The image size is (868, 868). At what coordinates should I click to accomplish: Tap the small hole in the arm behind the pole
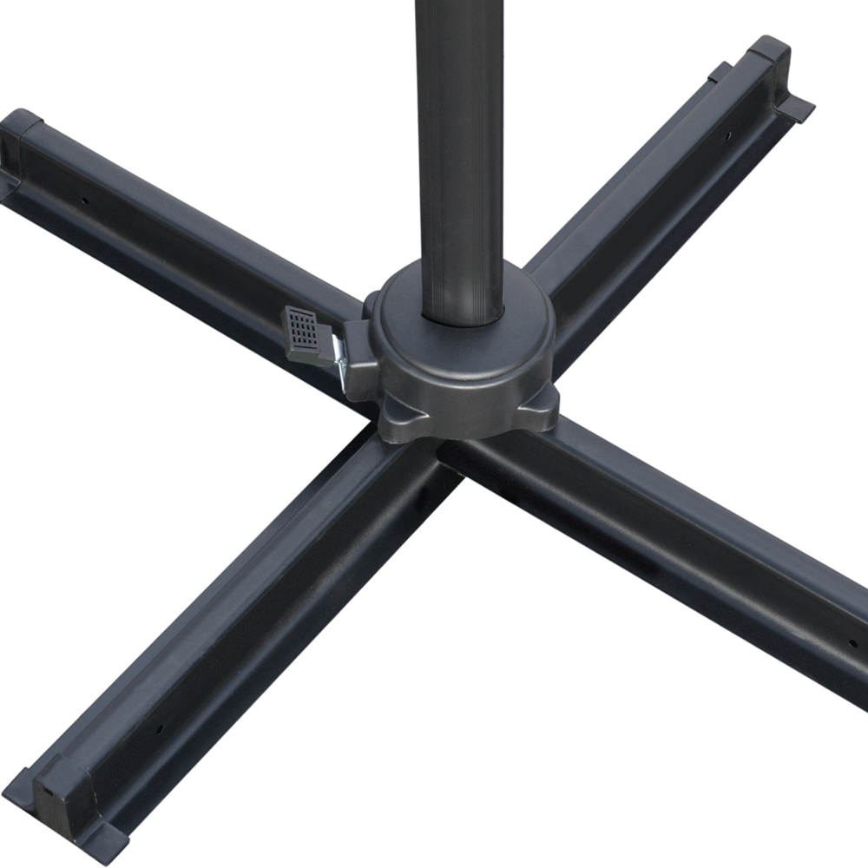(727, 136)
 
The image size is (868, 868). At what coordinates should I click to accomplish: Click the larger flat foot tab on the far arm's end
(793, 108)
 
